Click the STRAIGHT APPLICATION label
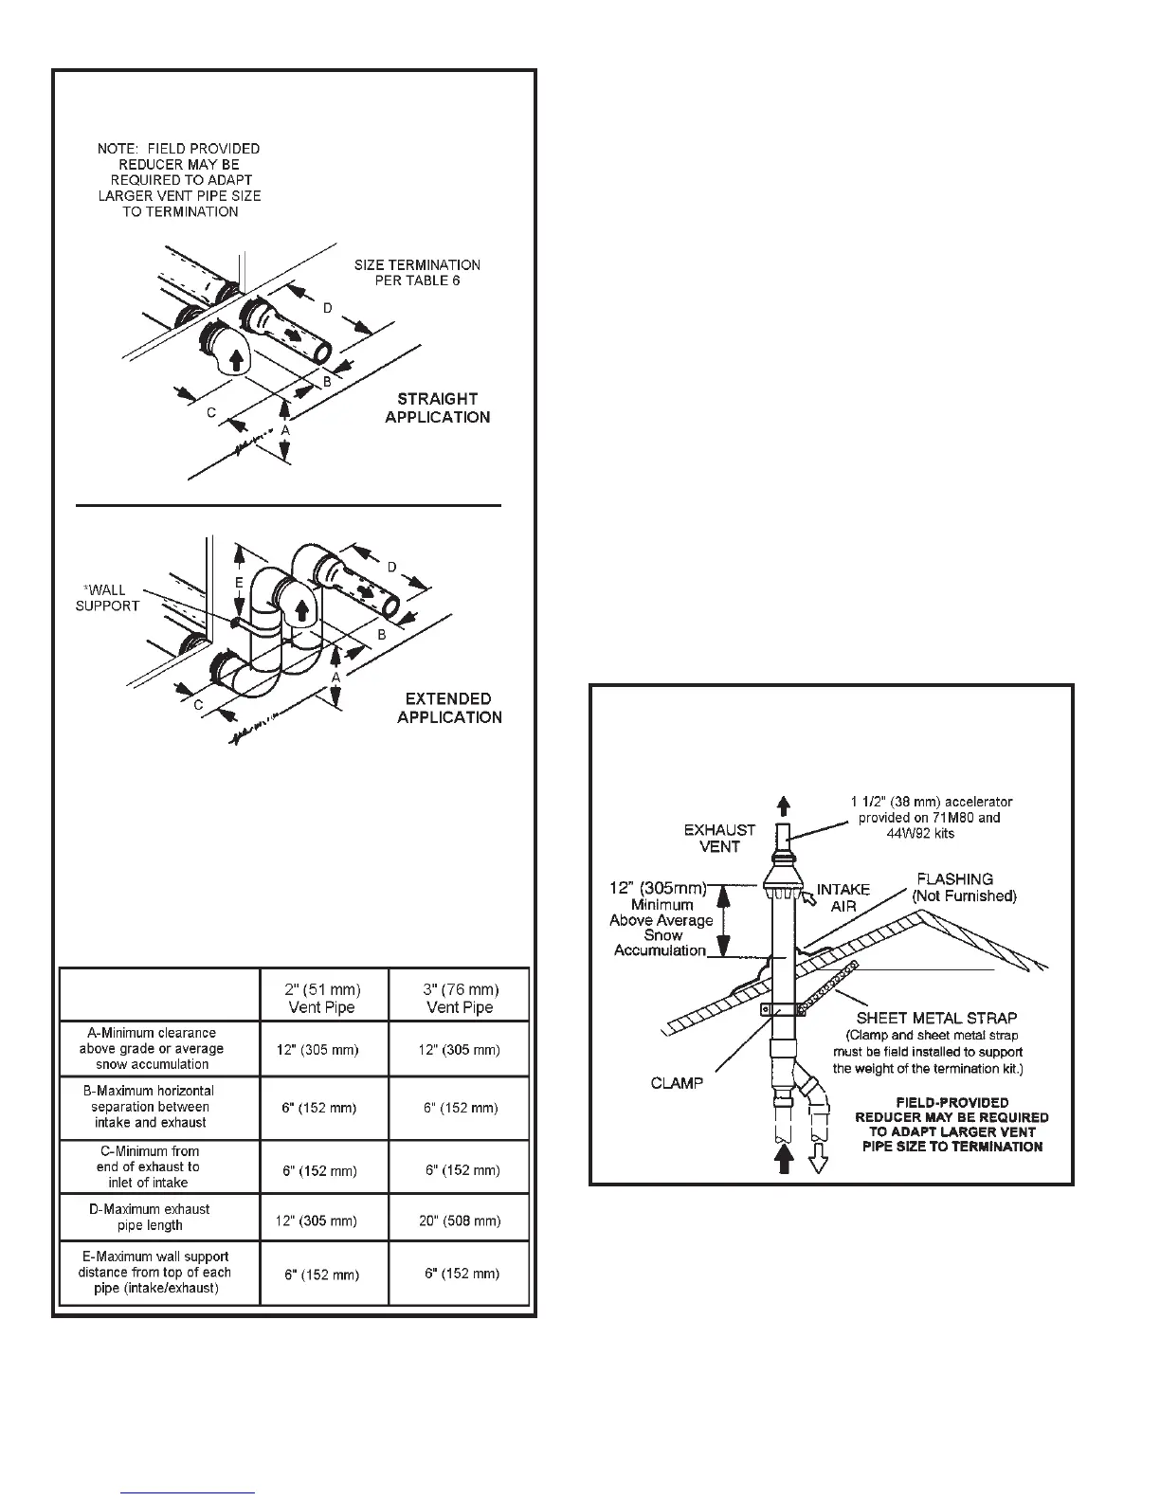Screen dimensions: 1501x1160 coord(437,407)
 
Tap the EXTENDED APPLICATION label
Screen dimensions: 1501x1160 coord(449,708)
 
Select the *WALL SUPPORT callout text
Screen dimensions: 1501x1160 coord(107,598)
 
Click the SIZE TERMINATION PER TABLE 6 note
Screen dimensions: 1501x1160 coord(417,273)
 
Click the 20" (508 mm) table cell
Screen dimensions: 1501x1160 coord(461,1221)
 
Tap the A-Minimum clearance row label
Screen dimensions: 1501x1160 coord(151,1048)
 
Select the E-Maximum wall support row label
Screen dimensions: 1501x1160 coord(154,1273)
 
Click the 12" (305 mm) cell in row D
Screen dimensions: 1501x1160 coord(321,1221)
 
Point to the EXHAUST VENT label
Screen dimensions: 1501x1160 coord(719,838)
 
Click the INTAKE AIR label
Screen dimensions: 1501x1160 coord(843,896)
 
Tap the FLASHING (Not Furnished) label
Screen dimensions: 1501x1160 coord(963,887)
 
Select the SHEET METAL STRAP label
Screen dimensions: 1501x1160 coord(936,1019)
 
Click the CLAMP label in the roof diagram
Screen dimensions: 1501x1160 coord(677,1082)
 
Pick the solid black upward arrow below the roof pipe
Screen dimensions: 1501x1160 coord(784,1159)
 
